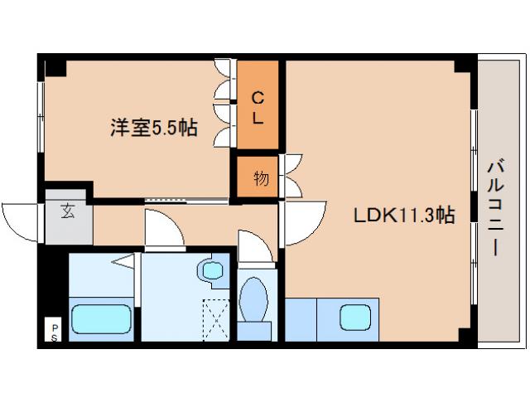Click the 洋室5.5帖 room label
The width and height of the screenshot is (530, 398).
(154, 129)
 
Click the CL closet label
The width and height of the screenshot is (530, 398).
(258, 107)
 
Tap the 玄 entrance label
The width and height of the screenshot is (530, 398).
(66, 211)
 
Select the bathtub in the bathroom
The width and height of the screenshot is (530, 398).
(99, 319)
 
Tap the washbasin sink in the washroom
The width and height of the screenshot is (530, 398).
(213, 270)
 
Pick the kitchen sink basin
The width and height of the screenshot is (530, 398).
(355, 318)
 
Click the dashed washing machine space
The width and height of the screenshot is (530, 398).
(215, 319)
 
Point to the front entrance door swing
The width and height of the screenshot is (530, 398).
(23, 219)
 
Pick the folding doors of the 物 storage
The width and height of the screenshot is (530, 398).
(292, 176)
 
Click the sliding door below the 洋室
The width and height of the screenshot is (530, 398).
(186, 200)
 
